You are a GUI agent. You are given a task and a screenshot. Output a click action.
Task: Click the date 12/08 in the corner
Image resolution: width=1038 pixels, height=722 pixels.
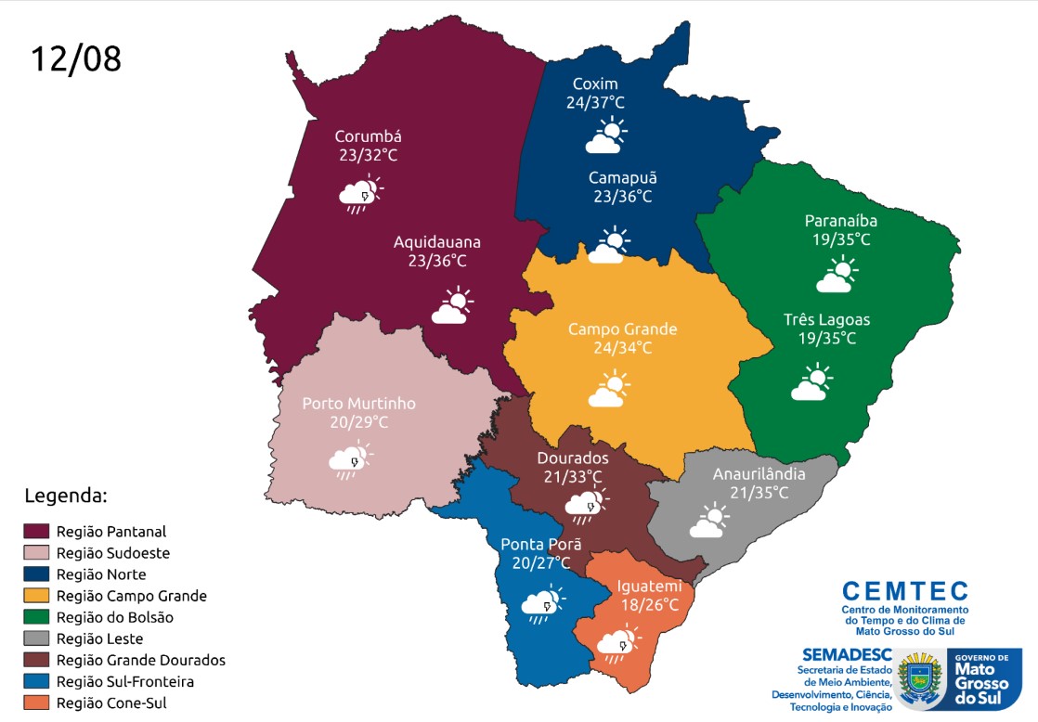(76, 58)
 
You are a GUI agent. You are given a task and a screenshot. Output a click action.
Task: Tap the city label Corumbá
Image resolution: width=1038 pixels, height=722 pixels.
(368, 136)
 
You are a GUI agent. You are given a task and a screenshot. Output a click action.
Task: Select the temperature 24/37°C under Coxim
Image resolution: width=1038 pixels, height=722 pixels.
(595, 102)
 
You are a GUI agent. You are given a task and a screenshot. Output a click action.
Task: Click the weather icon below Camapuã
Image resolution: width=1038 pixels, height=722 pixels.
(609, 245)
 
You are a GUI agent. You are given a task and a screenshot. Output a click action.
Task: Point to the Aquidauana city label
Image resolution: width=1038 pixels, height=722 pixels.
(436, 242)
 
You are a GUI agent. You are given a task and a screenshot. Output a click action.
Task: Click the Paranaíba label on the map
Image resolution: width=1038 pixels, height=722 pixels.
(840, 221)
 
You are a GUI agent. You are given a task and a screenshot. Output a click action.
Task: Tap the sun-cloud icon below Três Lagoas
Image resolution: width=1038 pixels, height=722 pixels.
(811, 383)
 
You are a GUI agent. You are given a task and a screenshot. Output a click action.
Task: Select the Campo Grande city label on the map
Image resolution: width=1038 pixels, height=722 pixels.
(622, 329)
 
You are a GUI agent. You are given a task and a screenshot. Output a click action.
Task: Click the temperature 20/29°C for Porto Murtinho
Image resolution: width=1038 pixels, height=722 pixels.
(358, 422)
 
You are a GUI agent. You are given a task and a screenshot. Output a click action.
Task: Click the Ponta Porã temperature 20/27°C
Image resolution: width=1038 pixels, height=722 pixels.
(540, 562)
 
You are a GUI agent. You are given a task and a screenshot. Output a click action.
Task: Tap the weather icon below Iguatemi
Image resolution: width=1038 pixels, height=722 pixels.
(617, 643)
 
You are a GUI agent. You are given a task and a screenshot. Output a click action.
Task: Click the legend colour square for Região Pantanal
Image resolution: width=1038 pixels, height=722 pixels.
(35, 532)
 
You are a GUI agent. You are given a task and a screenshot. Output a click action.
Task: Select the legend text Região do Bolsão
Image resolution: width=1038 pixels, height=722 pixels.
(114, 617)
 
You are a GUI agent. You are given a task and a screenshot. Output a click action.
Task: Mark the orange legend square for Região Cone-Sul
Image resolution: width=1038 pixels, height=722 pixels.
(35, 703)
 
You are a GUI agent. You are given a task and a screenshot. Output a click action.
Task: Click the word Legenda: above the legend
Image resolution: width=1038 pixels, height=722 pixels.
(66, 495)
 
